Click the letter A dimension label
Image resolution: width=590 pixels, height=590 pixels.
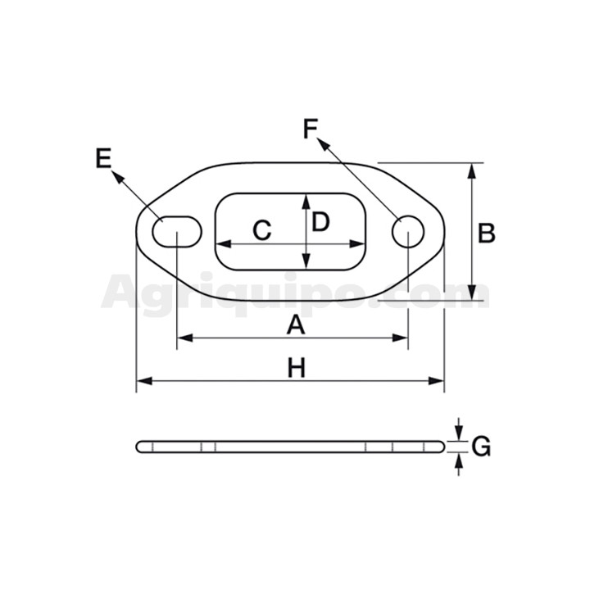(296, 325)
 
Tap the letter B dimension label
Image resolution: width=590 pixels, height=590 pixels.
(487, 233)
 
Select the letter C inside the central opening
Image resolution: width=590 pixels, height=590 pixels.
(262, 230)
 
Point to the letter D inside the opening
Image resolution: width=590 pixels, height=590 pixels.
(320, 221)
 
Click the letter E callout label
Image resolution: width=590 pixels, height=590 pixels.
(103, 158)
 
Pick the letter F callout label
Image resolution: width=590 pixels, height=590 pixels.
(311, 129)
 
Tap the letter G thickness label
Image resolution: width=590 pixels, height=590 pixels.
(481, 447)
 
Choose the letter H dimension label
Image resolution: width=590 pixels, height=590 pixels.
(297, 368)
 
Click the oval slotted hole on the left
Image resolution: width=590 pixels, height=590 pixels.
(177, 232)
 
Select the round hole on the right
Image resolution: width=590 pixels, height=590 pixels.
(408, 232)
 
